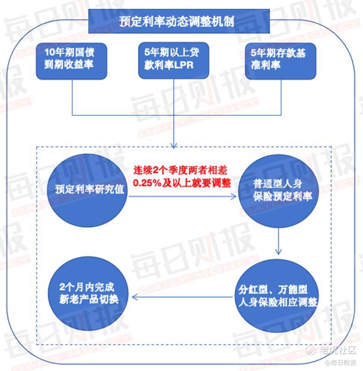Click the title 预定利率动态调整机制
176,22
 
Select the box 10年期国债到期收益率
71,61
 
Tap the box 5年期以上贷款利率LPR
174,60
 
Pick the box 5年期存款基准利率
280,61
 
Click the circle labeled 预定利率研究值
88,190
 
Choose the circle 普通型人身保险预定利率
279,191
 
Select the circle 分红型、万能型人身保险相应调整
277,296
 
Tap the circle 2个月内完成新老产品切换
88,294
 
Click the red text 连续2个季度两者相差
180,170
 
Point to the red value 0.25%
147,183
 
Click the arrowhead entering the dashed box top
174,145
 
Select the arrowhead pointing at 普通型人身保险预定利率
234,196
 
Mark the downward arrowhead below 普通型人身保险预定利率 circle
279,251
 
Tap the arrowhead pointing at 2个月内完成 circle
134,297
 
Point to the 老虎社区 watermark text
338,350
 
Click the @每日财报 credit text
341,362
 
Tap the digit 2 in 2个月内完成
62,287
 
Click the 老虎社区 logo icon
310,350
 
